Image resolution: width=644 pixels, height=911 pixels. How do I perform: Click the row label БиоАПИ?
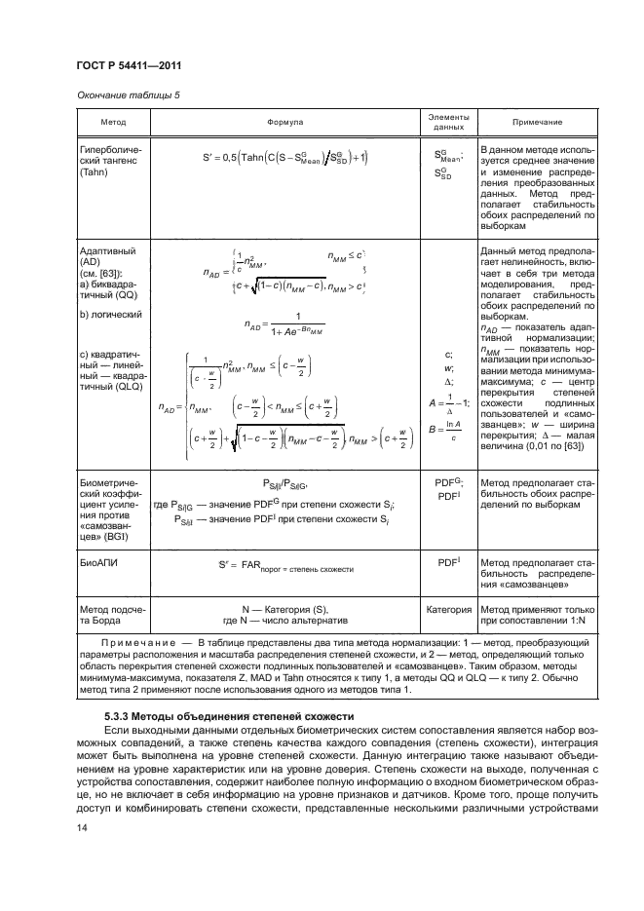click(x=96, y=562)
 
